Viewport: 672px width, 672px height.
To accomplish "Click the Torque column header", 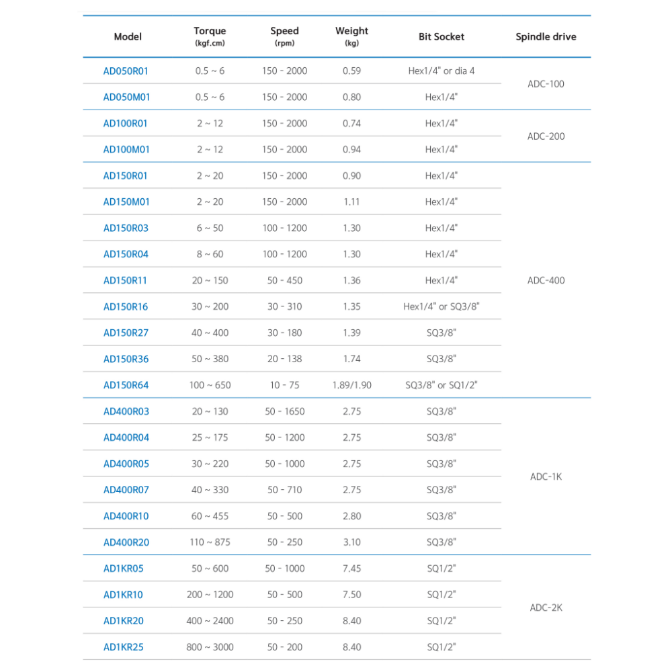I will click(210, 31).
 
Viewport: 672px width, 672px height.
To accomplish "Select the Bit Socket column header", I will click(441, 37).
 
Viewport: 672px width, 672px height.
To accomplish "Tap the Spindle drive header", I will click(546, 37).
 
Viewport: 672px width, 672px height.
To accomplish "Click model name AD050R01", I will click(126, 71).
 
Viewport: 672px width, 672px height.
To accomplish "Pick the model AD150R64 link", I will click(126, 385).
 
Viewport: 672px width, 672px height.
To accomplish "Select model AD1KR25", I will click(123, 647).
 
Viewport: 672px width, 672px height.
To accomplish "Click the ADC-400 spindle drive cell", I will click(546, 280).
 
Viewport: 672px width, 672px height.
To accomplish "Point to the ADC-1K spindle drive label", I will click(546, 477).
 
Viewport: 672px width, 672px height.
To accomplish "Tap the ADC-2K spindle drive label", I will click(546, 607).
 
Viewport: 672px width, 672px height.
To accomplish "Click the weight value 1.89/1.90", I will click(351, 385).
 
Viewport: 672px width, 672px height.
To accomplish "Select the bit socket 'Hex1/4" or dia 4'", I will click(441, 71).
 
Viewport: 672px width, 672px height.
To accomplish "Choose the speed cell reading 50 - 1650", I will click(284, 411).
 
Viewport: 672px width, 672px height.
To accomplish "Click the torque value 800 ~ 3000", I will click(210, 647).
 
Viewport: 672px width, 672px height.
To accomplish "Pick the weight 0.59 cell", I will click(351, 71).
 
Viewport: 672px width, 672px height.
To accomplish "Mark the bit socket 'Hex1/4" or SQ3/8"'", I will click(441, 306).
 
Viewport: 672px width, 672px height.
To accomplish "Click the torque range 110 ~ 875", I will click(210, 542).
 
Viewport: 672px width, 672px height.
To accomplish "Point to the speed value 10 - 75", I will click(284, 385).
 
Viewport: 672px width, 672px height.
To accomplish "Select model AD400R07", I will click(126, 490).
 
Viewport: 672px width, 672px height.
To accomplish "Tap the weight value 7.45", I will click(351, 569).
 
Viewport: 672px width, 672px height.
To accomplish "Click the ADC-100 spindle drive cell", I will click(546, 84).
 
